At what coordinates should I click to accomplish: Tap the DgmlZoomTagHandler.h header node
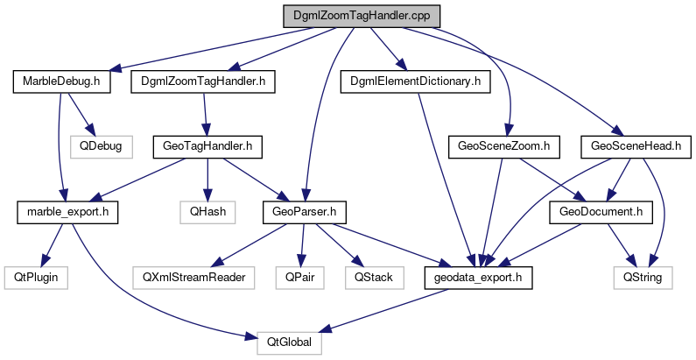(x=203, y=82)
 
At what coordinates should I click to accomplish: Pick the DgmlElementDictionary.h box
(x=415, y=82)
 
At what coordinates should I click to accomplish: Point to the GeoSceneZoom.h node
(x=503, y=145)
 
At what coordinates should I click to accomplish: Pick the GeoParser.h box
(x=304, y=211)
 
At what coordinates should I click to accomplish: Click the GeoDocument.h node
(x=595, y=211)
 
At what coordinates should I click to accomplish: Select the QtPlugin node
(x=32, y=278)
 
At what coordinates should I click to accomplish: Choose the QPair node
(x=301, y=278)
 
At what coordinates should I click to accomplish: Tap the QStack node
(x=374, y=278)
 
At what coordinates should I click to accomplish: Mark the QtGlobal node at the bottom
(x=289, y=343)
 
